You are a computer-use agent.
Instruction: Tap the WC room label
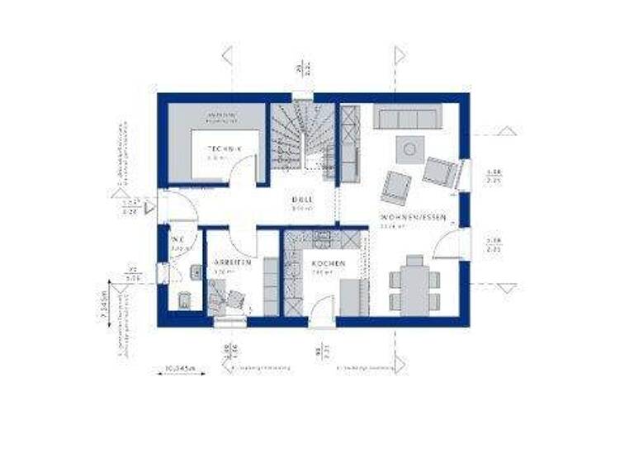[x=177, y=241]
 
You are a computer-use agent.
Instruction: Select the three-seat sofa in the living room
[x=406, y=117]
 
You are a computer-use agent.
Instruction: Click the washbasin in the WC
[x=196, y=271]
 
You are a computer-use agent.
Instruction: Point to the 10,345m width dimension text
[x=180, y=367]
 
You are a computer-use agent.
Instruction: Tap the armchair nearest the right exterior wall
[x=440, y=171]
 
